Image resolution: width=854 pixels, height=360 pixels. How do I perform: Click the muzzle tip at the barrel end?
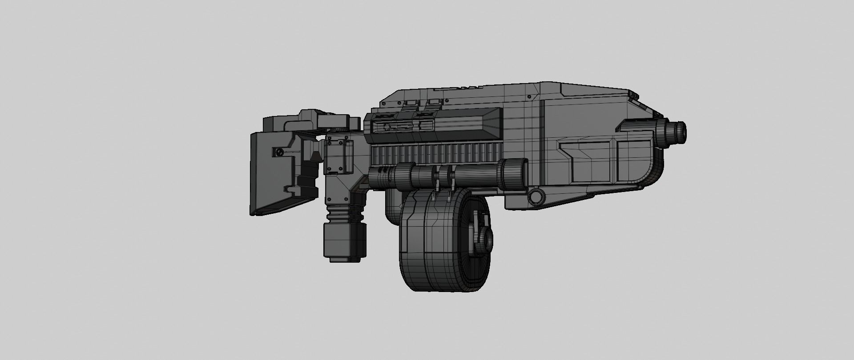[681, 130]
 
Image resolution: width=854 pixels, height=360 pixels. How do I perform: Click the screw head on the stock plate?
[279, 152]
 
